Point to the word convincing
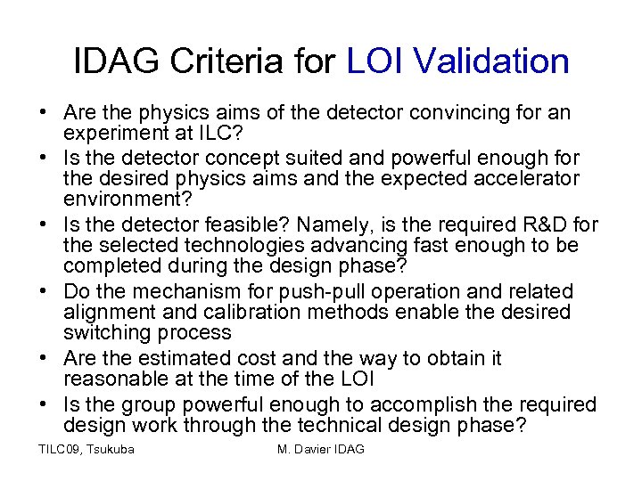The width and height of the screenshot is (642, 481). click(x=451, y=113)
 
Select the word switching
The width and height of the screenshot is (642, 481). click(x=103, y=332)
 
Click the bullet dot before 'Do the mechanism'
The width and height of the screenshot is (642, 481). click(x=43, y=291)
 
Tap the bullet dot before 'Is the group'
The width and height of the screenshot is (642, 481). click(x=43, y=404)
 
